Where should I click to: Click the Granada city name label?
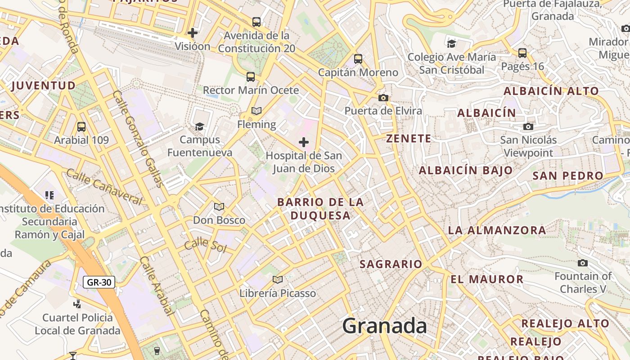tap(384, 325)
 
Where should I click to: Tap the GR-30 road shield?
tap(99, 282)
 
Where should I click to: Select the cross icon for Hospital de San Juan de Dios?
tap(304, 143)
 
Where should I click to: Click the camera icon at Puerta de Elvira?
tap(383, 98)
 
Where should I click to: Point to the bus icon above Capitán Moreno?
tap(358, 59)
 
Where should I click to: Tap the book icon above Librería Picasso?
tap(278, 280)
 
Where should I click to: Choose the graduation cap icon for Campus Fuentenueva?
tap(199, 126)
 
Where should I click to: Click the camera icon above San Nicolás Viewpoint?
tap(528, 127)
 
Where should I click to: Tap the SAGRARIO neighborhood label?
tap(391, 264)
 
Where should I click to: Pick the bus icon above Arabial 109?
tap(81, 127)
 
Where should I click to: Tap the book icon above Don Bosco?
tap(219, 207)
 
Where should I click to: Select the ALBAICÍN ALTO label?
tap(551, 91)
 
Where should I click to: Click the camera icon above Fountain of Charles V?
tap(583, 263)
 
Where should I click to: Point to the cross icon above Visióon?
tap(193, 32)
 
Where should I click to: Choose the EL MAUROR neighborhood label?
tap(487, 279)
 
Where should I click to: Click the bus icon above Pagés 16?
tap(522, 53)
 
